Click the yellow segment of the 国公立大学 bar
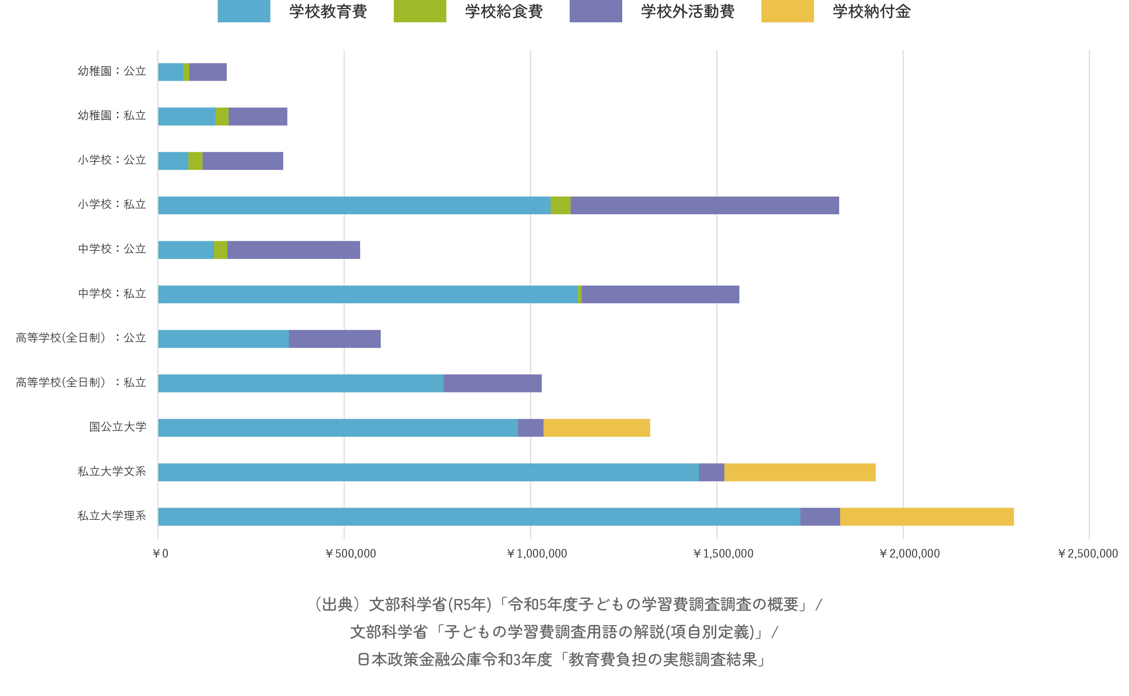[x=596, y=428]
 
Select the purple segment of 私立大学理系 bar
[x=820, y=517]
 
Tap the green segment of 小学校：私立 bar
[x=560, y=205]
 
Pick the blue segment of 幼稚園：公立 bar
[x=171, y=72]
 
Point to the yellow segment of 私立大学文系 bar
[x=799, y=472]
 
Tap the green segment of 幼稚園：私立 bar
[x=222, y=116]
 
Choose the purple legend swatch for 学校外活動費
[x=596, y=11]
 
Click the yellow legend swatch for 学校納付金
[x=787, y=11]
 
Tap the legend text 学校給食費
[x=503, y=11]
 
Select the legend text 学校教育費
[x=328, y=11]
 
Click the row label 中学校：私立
[x=112, y=294]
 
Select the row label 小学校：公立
[x=112, y=160]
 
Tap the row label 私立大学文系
[x=112, y=471]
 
